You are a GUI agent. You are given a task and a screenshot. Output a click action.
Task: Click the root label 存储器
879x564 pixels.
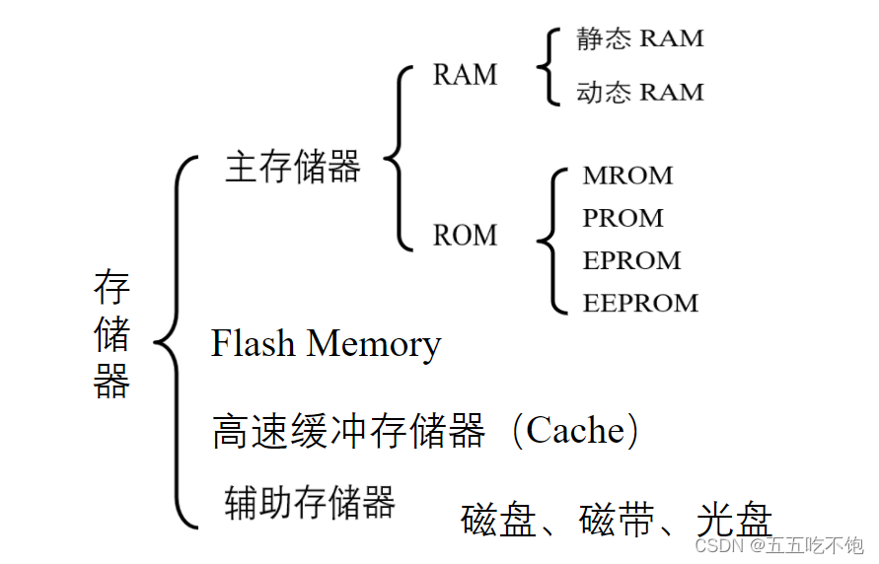click(x=111, y=334)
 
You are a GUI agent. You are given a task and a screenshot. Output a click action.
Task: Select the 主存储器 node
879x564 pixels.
click(x=293, y=167)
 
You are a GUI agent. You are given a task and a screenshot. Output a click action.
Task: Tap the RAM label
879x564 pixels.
click(x=465, y=75)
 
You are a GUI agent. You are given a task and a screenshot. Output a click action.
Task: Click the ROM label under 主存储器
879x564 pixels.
click(x=465, y=235)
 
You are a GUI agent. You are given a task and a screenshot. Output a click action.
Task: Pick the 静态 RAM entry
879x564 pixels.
click(x=640, y=38)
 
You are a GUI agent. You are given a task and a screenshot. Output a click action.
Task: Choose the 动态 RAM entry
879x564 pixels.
click(x=640, y=92)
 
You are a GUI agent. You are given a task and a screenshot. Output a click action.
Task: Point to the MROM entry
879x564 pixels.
click(x=627, y=176)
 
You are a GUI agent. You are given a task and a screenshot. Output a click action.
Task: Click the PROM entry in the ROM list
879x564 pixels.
click(x=623, y=218)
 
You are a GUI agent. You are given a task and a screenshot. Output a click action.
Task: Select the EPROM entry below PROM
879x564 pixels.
click(x=631, y=260)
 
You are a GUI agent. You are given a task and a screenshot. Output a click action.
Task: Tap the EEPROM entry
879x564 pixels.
click(x=640, y=303)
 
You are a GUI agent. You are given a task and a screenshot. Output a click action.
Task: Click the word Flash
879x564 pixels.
click(x=254, y=343)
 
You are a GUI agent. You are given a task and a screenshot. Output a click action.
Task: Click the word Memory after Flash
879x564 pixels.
click(x=373, y=345)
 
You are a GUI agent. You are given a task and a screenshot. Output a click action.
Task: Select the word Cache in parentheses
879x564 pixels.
click(x=575, y=430)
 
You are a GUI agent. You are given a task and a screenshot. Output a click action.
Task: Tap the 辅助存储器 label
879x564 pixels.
click(x=310, y=502)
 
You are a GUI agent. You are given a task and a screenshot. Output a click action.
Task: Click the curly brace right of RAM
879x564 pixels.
click(x=546, y=66)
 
